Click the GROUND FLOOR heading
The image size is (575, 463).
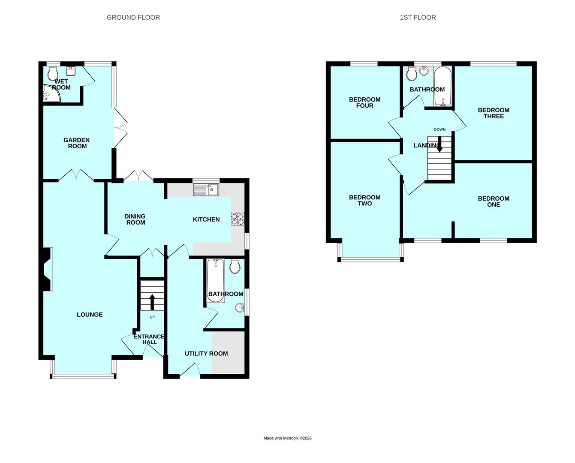click(133, 18)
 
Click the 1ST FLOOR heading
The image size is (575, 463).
click(418, 18)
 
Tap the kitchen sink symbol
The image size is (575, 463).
click(206, 189)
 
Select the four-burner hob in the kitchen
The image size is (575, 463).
click(238, 219)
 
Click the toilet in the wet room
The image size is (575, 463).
click(54, 74)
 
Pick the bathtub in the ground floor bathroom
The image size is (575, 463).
click(215, 280)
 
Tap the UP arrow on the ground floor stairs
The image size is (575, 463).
click(152, 301)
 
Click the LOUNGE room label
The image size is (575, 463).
click(90, 315)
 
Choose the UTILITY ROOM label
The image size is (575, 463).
click(206, 354)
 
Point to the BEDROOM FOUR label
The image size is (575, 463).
click(364, 102)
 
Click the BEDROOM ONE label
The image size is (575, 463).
click(494, 201)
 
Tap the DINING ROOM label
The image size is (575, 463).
click(135, 219)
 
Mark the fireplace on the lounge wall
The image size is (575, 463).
click(46, 270)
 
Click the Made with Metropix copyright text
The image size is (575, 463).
click(287, 438)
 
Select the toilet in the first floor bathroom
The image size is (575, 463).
click(412, 74)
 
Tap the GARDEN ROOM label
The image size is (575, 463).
click(77, 143)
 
